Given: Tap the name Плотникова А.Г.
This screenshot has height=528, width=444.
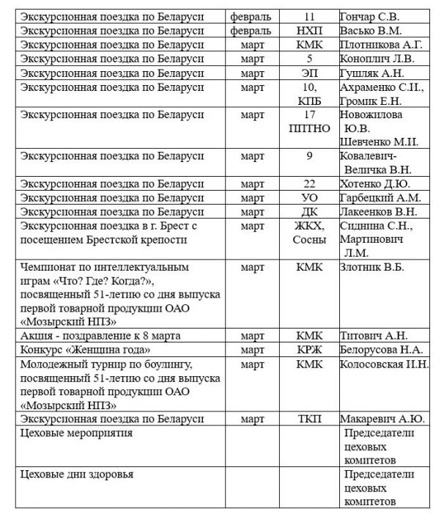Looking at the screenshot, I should [380, 45].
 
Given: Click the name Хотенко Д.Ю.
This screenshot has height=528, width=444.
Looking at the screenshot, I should [375, 183].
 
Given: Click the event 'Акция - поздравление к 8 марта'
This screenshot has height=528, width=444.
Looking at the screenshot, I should [101, 336].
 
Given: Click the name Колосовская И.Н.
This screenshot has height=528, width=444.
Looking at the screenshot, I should [385, 364].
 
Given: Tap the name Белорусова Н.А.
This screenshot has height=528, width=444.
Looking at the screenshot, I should [382, 350].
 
